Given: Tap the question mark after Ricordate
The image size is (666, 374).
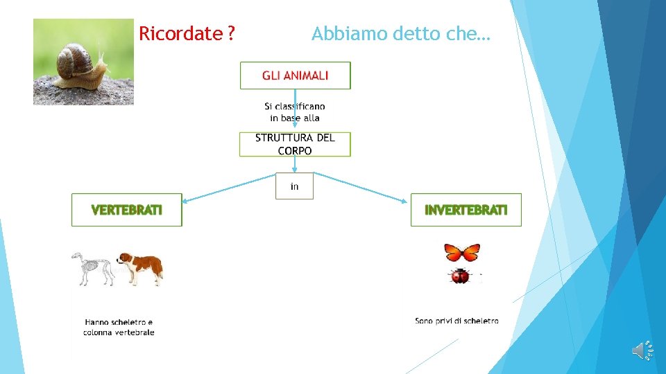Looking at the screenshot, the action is pos(230,33).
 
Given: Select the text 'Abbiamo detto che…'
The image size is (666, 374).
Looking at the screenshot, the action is pos(400,33).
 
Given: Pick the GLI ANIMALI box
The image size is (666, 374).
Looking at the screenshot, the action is pos(295,75).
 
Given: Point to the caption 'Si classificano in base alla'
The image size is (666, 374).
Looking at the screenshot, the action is pos(295,112).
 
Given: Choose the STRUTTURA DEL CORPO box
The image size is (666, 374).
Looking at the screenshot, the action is pos(295,144).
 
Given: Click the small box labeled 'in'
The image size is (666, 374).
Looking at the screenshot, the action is pos(295,186).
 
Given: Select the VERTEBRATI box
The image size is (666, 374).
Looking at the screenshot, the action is pos(127,210).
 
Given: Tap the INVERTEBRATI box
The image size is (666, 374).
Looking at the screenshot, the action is pos(466,210).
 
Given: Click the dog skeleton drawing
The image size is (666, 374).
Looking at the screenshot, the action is pos(93,268).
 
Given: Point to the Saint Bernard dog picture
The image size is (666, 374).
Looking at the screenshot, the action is pos(141,267).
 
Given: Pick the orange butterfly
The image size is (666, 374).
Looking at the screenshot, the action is pos(462,252).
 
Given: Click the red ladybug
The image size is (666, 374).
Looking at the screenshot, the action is pos(459,276).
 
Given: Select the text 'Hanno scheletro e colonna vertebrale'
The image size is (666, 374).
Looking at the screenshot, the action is pos(119,327).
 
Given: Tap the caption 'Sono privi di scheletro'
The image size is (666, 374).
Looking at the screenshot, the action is pos(456,321).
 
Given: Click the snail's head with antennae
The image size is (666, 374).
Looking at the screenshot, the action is pos(101,67).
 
